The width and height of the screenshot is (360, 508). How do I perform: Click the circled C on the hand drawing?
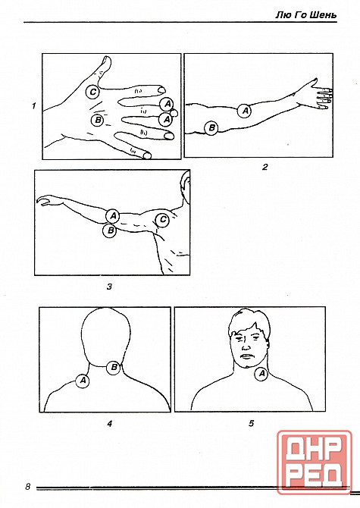[93, 93]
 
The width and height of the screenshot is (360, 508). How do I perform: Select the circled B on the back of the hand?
[98, 121]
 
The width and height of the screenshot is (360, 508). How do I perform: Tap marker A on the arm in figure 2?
[245, 111]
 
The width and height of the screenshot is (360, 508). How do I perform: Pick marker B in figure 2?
[211, 127]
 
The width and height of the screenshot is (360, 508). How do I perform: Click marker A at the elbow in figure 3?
[113, 216]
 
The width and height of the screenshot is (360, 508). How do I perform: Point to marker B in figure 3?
[110, 230]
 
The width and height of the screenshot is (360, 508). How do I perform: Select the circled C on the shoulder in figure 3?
[162, 221]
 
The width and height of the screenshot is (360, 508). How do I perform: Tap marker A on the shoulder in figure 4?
[83, 381]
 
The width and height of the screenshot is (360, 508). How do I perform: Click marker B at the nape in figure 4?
[114, 368]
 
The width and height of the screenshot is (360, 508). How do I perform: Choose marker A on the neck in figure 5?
[261, 375]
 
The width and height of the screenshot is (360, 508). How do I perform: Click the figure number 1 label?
[33, 106]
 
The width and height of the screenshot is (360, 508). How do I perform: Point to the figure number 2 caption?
[265, 167]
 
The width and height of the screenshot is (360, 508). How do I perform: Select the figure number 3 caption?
[109, 287]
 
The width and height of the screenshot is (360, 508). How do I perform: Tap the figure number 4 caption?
[110, 423]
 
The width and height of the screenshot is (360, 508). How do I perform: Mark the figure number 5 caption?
[252, 423]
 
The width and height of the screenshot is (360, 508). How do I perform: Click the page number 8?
[27, 486]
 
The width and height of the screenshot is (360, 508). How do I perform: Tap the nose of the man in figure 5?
[246, 347]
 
